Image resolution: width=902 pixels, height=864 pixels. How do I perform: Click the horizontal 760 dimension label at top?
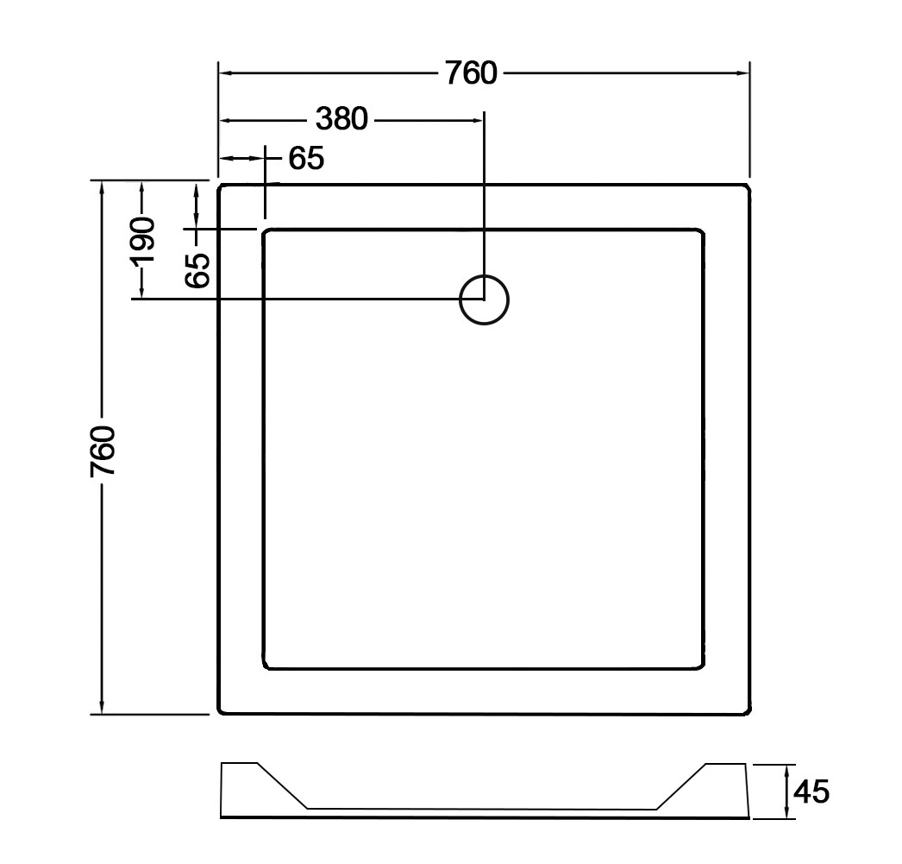471,73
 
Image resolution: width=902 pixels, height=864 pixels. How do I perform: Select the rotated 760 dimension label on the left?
103,451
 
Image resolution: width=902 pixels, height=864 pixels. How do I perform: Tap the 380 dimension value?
341,119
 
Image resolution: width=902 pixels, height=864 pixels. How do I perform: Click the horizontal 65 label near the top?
306,158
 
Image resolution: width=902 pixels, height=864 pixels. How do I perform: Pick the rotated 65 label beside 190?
197,270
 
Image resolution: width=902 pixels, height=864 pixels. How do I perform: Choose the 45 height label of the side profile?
811,791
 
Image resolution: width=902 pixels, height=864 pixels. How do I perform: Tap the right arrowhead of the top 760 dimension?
743,73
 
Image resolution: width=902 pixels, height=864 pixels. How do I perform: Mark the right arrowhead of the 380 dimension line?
476,120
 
